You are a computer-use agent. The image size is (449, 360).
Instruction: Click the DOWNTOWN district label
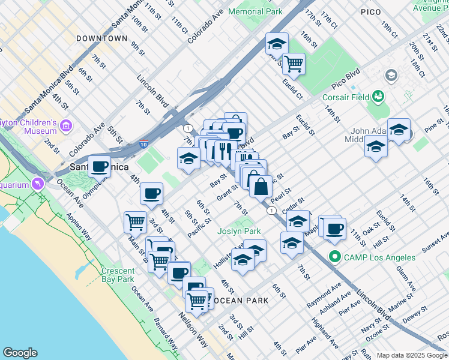[101, 38]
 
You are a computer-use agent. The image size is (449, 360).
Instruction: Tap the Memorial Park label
[258, 11]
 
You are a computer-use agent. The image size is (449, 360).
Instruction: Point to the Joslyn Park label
[239, 231]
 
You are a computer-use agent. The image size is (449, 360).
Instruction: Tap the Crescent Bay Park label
[118, 275]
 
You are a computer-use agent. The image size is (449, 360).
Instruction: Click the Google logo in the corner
[20, 353]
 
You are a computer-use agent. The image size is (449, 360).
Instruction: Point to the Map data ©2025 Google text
[411, 355]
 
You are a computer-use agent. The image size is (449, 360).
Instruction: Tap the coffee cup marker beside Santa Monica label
[100, 166]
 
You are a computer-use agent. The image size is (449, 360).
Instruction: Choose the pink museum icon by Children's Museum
[66, 127]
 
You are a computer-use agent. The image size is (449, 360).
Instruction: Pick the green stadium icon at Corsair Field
[378, 95]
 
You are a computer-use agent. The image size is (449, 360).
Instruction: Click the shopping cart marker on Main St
[135, 222]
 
